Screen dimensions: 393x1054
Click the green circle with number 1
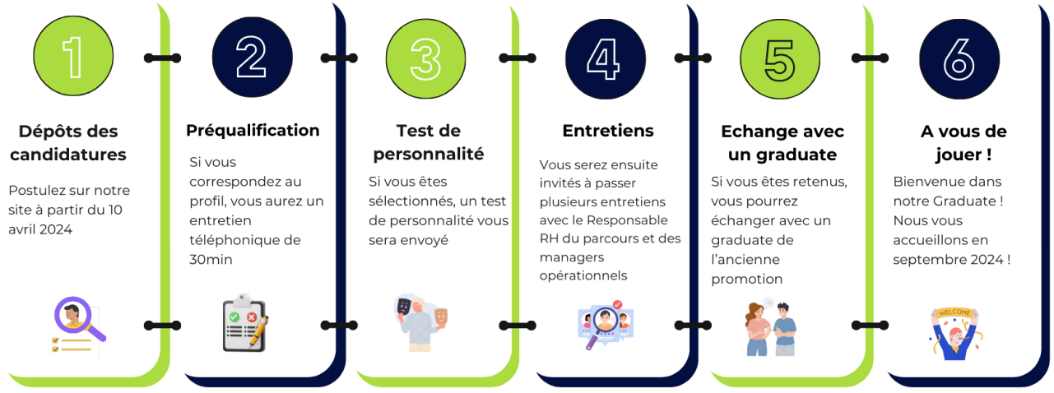click(x=74, y=58)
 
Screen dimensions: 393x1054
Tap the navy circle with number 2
click(x=252, y=58)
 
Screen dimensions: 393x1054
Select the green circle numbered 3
click(x=425, y=58)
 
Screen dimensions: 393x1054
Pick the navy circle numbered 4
click(x=605, y=58)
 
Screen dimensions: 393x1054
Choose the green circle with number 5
click(x=779, y=58)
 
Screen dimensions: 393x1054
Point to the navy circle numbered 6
click(x=959, y=58)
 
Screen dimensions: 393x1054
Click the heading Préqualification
click(x=253, y=130)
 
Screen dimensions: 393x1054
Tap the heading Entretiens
click(x=608, y=131)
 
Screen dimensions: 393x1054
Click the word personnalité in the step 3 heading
click(x=429, y=154)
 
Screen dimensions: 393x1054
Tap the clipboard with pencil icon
click(x=246, y=324)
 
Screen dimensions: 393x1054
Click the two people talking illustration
click(x=773, y=326)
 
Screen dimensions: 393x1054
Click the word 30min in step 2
click(x=211, y=259)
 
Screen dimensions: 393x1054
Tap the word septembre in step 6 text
click(x=928, y=260)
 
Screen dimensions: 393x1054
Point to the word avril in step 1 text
click(x=26, y=229)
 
